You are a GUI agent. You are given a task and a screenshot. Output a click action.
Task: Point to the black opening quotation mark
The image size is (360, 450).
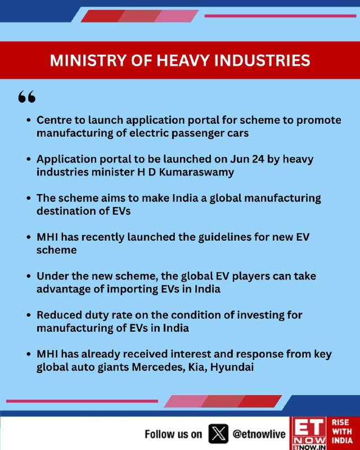[27, 97]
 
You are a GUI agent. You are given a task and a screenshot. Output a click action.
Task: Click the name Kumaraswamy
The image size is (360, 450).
[196, 172]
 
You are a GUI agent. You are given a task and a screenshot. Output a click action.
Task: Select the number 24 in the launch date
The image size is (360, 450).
[258, 159]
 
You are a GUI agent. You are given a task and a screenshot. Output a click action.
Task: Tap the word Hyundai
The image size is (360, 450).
[232, 367]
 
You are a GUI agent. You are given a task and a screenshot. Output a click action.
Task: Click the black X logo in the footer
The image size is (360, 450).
[218, 433]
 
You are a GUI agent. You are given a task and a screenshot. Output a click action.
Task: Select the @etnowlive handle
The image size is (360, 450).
[259, 434]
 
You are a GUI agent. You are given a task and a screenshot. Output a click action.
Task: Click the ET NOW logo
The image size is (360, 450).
[309, 433]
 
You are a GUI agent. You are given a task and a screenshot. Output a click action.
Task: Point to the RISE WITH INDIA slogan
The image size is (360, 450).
[342, 431]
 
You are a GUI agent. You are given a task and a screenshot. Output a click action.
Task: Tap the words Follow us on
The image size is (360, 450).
[173, 434]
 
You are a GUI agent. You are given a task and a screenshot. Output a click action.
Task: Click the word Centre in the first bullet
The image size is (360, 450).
[53, 120]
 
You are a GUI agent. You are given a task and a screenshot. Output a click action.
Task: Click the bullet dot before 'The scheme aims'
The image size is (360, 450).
[28, 199]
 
